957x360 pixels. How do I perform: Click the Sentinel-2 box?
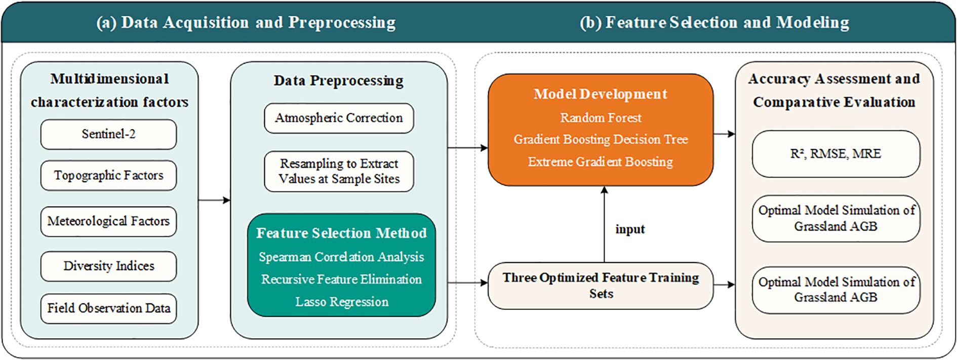click(x=108, y=134)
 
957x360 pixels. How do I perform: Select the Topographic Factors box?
click(x=108, y=175)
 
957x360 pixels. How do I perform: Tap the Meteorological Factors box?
click(x=108, y=221)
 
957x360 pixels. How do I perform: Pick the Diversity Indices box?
click(x=108, y=266)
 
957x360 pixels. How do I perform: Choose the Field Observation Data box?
click(x=108, y=308)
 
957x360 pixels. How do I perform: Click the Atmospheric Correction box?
click(x=339, y=118)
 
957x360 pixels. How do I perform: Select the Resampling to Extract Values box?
click(x=339, y=171)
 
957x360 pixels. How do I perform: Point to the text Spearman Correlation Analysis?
click(x=341, y=257)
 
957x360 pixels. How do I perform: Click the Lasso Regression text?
click(x=342, y=302)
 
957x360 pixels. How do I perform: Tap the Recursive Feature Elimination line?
click(x=341, y=279)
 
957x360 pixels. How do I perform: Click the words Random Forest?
click(x=601, y=118)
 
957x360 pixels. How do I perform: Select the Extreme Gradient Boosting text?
click(x=601, y=162)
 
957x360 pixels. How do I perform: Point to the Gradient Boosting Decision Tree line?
click(x=601, y=140)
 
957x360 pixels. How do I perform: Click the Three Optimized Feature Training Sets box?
click(x=601, y=286)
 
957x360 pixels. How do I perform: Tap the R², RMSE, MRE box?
click(x=835, y=154)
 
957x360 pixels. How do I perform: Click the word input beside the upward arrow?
click(x=630, y=229)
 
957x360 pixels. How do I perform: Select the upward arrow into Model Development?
click(x=604, y=224)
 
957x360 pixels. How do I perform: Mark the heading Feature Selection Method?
click(x=341, y=233)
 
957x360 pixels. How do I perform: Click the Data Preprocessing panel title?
click(x=339, y=81)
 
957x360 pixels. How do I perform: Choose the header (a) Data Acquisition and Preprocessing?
click(x=246, y=23)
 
